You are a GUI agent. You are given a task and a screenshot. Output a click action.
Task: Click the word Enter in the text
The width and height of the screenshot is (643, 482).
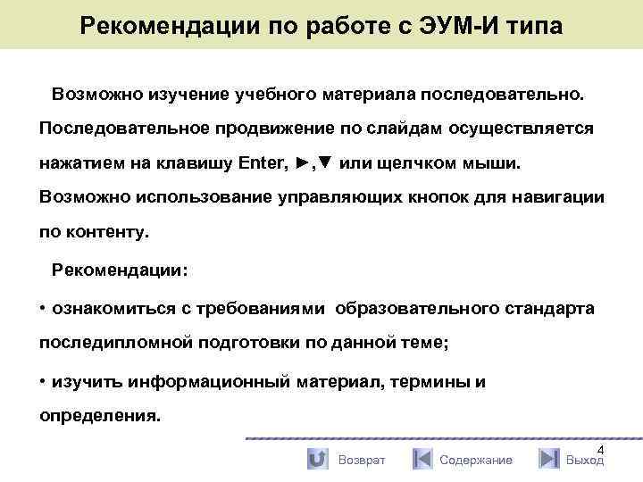pos(263,164)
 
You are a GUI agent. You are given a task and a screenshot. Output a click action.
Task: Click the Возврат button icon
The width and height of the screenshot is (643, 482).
pos(317,459)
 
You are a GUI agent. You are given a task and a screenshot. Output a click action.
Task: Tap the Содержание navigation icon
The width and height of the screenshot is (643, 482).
pos(422,459)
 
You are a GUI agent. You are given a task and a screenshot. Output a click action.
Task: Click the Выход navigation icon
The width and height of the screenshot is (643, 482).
pos(548,459)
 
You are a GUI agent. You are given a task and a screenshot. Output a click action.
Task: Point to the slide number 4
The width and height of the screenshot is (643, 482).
pos(600,448)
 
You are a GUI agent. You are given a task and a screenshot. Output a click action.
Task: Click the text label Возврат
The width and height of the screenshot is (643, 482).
pos(362,460)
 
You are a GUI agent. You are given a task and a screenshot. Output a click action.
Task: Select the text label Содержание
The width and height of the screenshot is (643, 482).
pos(476,460)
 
